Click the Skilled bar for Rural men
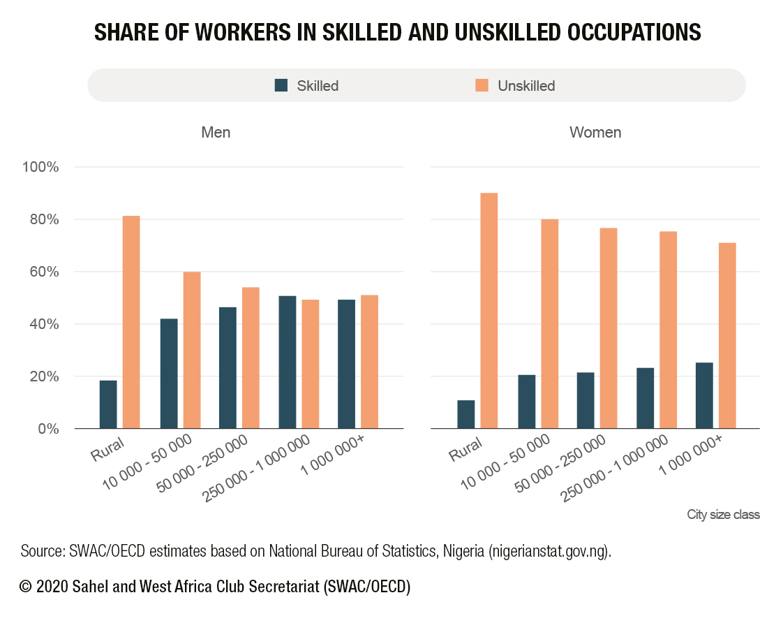108,404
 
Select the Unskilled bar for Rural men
131,322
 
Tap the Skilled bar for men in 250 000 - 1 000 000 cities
287,362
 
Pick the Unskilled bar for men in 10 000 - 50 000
192,350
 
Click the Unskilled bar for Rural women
489,311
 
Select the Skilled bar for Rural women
466,414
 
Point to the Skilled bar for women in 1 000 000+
704,395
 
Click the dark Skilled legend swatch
281,85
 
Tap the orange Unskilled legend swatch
482,85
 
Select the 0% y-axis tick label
48,429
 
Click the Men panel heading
216,132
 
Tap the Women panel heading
595,132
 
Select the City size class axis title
723,515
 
